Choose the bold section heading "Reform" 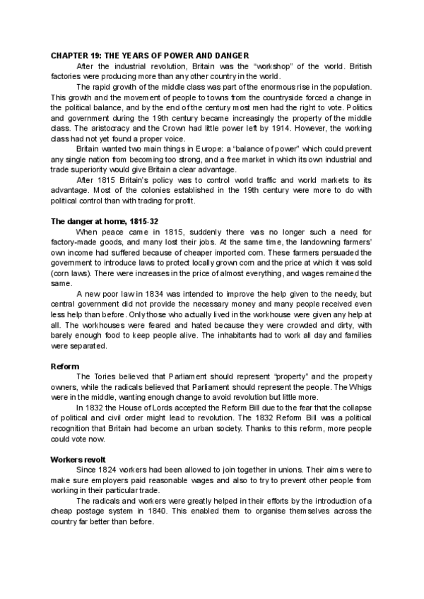pyautogui.click(x=65, y=367)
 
